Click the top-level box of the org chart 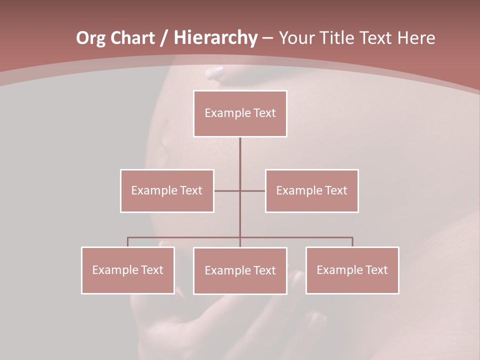click(240, 113)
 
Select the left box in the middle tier click(167, 190)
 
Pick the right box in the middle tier click(311, 190)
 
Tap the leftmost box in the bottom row click(128, 270)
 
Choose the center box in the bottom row click(240, 270)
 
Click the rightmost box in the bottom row click(352, 270)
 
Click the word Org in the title click(90, 38)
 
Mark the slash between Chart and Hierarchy click(163, 38)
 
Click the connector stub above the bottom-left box click(128, 242)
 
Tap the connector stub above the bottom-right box click(352, 242)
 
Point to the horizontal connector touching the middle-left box click(227, 190)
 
